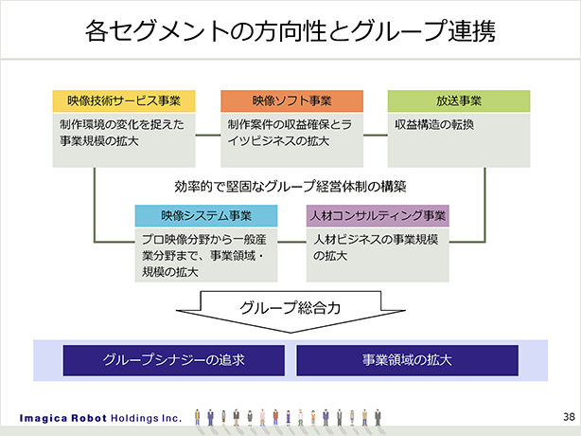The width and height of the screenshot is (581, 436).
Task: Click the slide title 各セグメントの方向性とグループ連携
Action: tap(290, 30)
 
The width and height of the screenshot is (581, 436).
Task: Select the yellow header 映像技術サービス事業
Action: tap(124, 100)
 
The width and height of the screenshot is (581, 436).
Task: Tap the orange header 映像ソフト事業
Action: tap(292, 100)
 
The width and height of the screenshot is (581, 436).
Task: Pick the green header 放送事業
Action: tap(459, 100)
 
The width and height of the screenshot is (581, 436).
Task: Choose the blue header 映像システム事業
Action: tap(206, 215)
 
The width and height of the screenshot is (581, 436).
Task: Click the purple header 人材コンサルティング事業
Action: tap(378, 215)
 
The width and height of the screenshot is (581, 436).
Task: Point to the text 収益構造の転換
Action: tap(434, 125)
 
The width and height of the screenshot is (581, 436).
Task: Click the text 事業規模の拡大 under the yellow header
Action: tap(99, 141)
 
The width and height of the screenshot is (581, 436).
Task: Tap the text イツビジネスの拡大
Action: tap(278, 141)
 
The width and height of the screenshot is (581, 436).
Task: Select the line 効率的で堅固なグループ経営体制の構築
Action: tap(290, 187)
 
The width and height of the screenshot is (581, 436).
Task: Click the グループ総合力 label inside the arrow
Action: tap(290, 308)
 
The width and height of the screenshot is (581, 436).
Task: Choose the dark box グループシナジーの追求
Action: tap(174, 360)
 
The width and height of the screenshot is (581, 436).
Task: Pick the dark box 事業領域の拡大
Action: tap(407, 360)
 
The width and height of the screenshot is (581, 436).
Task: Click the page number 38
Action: tap(569, 417)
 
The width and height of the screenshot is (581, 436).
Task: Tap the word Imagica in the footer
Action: tap(43, 419)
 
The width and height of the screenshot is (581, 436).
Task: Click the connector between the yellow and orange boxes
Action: tap(208, 136)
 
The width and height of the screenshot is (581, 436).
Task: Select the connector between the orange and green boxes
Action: tap(376, 136)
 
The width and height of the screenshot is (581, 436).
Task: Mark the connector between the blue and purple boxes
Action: tap(292, 243)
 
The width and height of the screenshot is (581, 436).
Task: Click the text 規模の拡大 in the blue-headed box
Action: tap(170, 272)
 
